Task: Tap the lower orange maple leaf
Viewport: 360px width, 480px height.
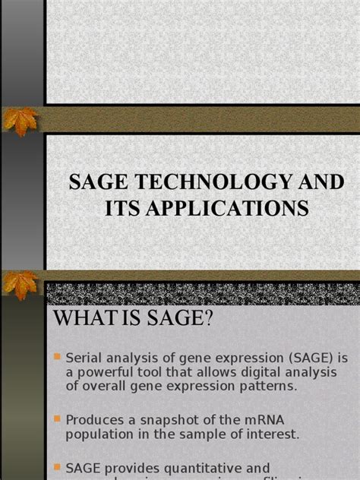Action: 21,285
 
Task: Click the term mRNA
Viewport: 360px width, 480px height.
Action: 267,419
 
